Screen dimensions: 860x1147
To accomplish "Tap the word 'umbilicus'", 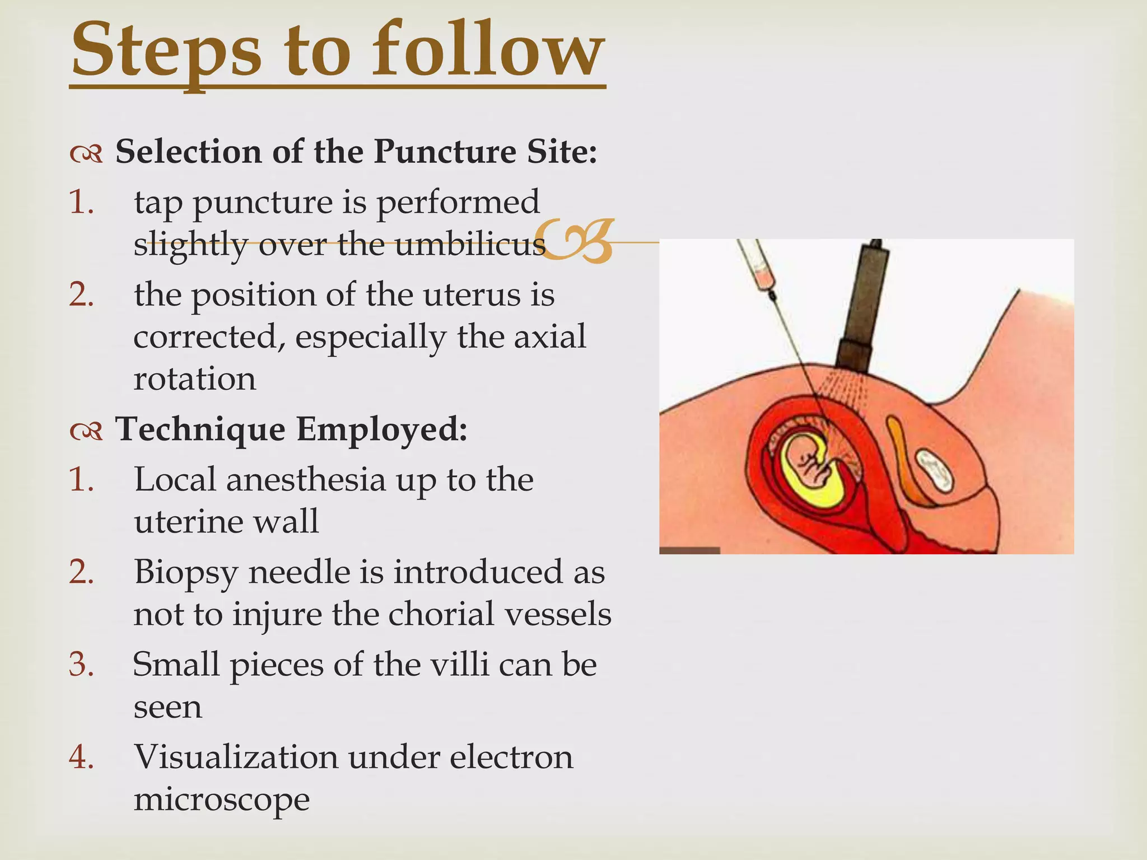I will click(x=470, y=244).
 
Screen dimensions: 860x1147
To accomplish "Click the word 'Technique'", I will click(x=200, y=429).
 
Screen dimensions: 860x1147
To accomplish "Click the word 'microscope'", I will click(x=221, y=799).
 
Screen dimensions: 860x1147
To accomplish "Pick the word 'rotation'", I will click(x=194, y=379).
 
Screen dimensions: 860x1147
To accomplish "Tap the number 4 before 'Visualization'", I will click(x=81, y=757).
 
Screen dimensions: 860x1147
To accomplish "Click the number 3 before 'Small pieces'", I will click(x=81, y=665).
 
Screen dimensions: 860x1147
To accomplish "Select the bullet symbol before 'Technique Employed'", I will click(x=86, y=431).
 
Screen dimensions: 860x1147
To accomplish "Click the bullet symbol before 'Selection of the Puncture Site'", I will click(x=86, y=153).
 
